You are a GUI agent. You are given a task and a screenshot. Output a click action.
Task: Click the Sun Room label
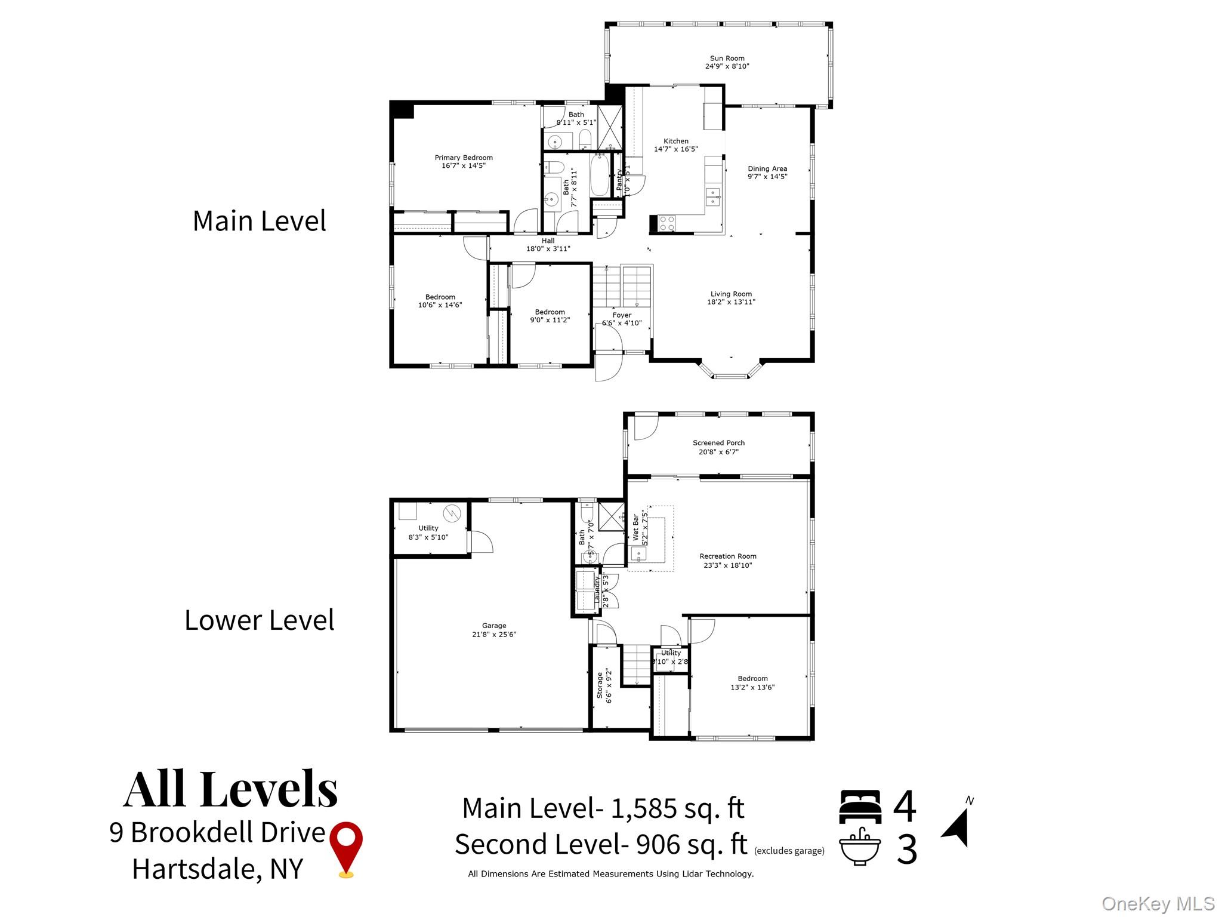click(727, 59)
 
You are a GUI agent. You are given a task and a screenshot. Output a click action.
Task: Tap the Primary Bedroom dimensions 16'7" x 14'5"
click(464, 166)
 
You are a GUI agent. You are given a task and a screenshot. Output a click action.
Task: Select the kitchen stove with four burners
click(666, 223)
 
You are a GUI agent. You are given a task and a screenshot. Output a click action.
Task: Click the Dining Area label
click(767, 169)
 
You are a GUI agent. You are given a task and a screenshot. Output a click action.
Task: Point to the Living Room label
click(731, 294)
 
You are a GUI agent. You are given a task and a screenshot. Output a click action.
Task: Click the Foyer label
click(622, 315)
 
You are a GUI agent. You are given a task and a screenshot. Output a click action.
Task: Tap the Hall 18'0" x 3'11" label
click(548, 245)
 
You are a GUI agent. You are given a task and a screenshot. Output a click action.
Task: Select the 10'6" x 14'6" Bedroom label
click(440, 301)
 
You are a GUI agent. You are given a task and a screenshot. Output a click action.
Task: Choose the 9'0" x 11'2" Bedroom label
click(550, 316)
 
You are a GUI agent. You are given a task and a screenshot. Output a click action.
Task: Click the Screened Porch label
click(718, 443)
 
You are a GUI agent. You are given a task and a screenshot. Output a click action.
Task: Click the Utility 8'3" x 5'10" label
click(428, 533)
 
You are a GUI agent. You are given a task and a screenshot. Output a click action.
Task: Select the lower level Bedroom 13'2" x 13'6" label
click(752, 682)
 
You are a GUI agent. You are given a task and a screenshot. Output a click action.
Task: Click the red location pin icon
click(346, 848)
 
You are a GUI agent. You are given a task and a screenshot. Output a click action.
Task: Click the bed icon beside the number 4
click(860, 807)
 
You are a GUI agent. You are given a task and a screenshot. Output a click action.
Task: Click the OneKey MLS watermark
click(1158, 903)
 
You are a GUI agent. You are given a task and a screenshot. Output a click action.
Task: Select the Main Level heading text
click(259, 221)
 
